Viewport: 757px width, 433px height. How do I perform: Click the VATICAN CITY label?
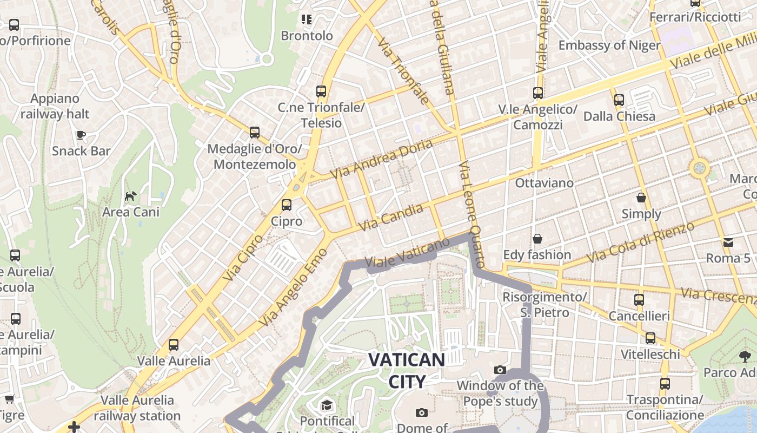[407, 370]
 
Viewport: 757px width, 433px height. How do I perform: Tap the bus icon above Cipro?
[286, 205]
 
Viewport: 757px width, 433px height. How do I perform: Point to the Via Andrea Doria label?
[382, 159]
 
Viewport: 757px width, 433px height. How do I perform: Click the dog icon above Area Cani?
[130, 196]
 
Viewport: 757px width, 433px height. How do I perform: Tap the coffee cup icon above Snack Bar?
[81, 135]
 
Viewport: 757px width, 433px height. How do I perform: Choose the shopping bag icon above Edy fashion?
[537, 239]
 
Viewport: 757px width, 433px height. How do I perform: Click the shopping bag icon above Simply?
[641, 198]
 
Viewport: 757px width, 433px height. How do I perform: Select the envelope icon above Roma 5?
[728, 242]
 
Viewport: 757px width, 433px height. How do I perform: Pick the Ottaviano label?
[544, 183]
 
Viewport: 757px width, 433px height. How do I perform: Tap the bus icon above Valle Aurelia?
[173, 344]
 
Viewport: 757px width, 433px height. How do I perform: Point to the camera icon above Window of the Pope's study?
[500, 370]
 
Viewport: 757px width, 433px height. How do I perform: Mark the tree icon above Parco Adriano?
[745, 356]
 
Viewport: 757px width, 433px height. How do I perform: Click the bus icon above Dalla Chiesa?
[619, 100]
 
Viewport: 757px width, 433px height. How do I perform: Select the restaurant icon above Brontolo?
[307, 20]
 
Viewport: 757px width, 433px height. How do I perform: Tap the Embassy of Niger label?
[609, 45]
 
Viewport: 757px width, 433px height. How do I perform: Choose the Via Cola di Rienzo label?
[641, 242]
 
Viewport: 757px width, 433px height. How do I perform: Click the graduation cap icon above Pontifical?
[327, 405]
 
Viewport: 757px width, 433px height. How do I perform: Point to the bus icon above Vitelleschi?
[650, 338]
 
